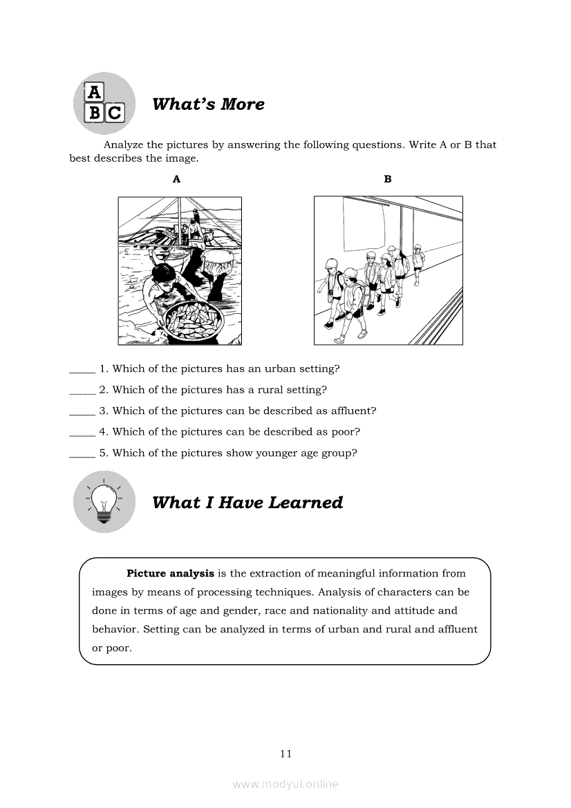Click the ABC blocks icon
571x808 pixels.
click(x=104, y=103)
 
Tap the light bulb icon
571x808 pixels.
click(x=104, y=501)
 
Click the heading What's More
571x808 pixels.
click(x=208, y=104)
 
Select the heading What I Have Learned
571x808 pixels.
click(x=247, y=502)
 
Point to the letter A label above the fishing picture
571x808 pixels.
click(x=177, y=179)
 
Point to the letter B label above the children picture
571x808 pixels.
click(x=388, y=179)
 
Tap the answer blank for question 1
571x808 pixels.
click(x=82, y=369)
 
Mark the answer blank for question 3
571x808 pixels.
click(x=82, y=411)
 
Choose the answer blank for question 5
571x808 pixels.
click(x=82, y=454)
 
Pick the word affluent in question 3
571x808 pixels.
click(x=350, y=411)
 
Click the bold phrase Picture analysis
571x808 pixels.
click(x=170, y=573)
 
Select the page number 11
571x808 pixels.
click(x=286, y=753)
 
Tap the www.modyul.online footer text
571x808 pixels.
click(x=285, y=784)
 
